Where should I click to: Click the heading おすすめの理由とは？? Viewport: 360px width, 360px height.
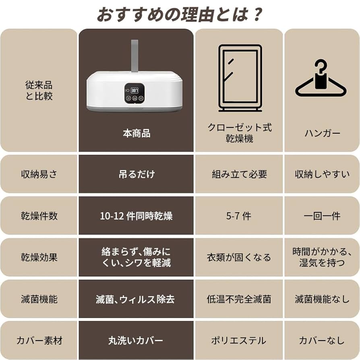tap(180, 14)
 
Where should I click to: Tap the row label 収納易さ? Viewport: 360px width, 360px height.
tap(39, 174)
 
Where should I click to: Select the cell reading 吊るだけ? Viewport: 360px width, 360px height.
tap(136, 174)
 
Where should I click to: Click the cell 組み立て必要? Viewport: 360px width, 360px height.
tap(239, 174)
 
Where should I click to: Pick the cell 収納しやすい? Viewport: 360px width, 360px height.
tap(321, 174)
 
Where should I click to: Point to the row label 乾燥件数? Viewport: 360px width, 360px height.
tap(39, 216)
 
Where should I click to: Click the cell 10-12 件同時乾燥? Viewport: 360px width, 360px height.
tap(136, 216)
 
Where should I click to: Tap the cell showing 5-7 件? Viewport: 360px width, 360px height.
tap(239, 216)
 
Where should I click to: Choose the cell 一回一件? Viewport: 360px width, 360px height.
tap(321, 216)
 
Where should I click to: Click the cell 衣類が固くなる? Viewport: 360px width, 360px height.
tap(239, 257)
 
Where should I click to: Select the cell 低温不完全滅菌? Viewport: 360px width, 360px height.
tap(239, 299)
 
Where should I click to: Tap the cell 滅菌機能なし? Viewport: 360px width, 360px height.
tap(321, 299)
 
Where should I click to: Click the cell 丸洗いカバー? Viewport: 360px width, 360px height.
tap(136, 341)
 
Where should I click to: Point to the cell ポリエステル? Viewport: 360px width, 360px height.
tap(239, 341)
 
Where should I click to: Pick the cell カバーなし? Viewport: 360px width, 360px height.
tap(321, 341)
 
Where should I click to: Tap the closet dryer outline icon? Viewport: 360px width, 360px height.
tap(240, 78)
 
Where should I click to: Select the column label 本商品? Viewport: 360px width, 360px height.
tap(136, 134)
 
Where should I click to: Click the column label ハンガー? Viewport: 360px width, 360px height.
tap(321, 134)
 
